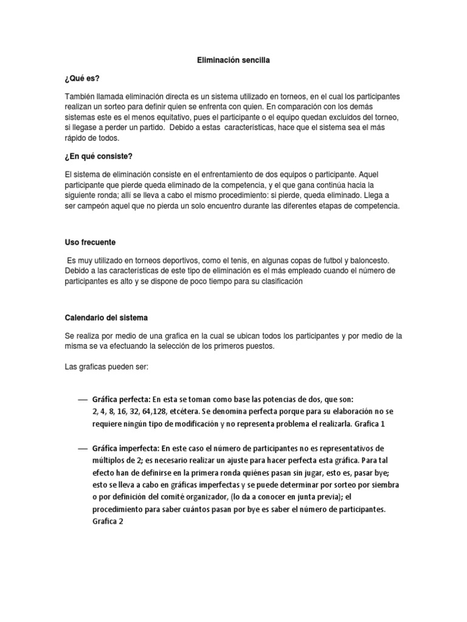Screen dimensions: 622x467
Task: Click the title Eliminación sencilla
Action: click(x=233, y=61)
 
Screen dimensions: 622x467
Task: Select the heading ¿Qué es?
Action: click(x=82, y=80)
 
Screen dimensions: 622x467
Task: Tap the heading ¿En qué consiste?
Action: click(x=98, y=156)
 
